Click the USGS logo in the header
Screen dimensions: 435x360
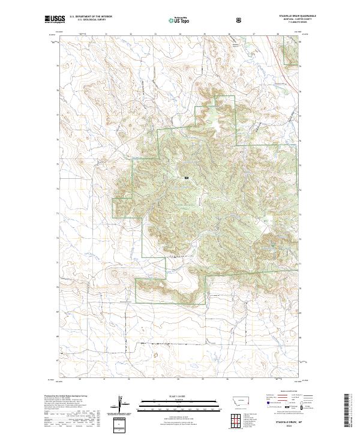[55, 20]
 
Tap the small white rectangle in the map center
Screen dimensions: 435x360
[187, 178]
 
